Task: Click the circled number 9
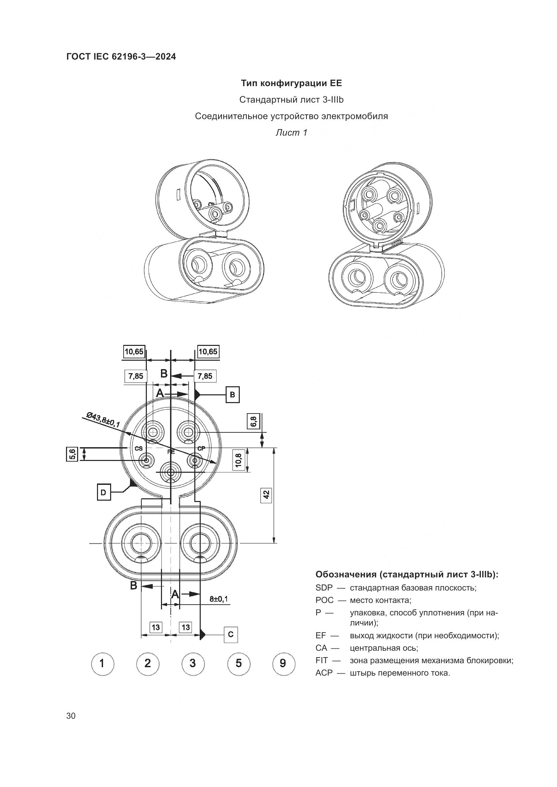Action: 283,664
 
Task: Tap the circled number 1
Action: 103,664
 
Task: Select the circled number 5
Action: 238,664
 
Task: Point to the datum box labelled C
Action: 230,635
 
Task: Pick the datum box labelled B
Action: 232,395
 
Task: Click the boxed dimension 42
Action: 266,495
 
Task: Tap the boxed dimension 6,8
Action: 254,421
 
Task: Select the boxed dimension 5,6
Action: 72,455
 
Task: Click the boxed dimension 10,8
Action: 239,460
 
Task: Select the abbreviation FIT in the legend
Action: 322,660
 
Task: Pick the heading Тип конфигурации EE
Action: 291,83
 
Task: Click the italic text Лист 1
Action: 291,133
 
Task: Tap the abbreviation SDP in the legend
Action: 324,588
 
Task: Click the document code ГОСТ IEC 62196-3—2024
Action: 121,57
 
